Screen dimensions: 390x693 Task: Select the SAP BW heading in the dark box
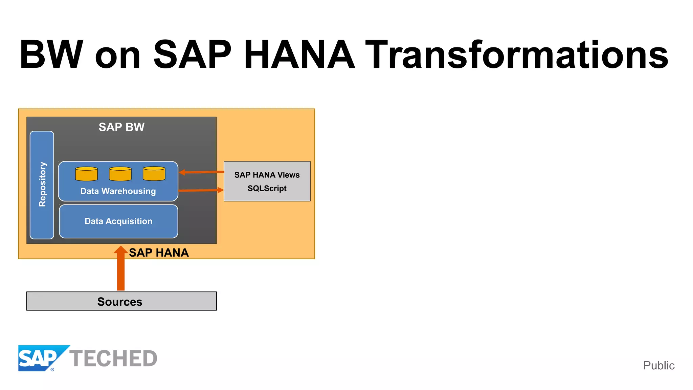[x=121, y=127]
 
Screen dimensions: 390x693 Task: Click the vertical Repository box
[x=42, y=185]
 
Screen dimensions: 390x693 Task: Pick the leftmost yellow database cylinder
[x=86, y=174]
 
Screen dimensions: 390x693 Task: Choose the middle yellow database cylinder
[x=120, y=174]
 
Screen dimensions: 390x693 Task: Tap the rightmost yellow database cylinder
[x=154, y=174]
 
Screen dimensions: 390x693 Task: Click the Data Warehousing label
[x=118, y=191]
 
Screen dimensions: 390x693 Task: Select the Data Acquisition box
[x=118, y=221]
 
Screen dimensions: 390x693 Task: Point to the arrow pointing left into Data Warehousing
[x=201, y=172]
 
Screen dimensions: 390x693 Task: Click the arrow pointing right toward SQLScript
[x=201, y=190]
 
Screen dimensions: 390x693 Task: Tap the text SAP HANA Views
[x=267, y=175]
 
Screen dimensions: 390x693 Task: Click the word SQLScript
[x=267, y=188]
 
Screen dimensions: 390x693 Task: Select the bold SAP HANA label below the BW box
[x=159, y=253]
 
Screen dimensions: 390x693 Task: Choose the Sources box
[x=121, y=301]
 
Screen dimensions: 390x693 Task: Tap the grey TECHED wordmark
[x=113, y=359]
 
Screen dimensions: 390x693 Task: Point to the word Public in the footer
[x=658, y=366]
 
